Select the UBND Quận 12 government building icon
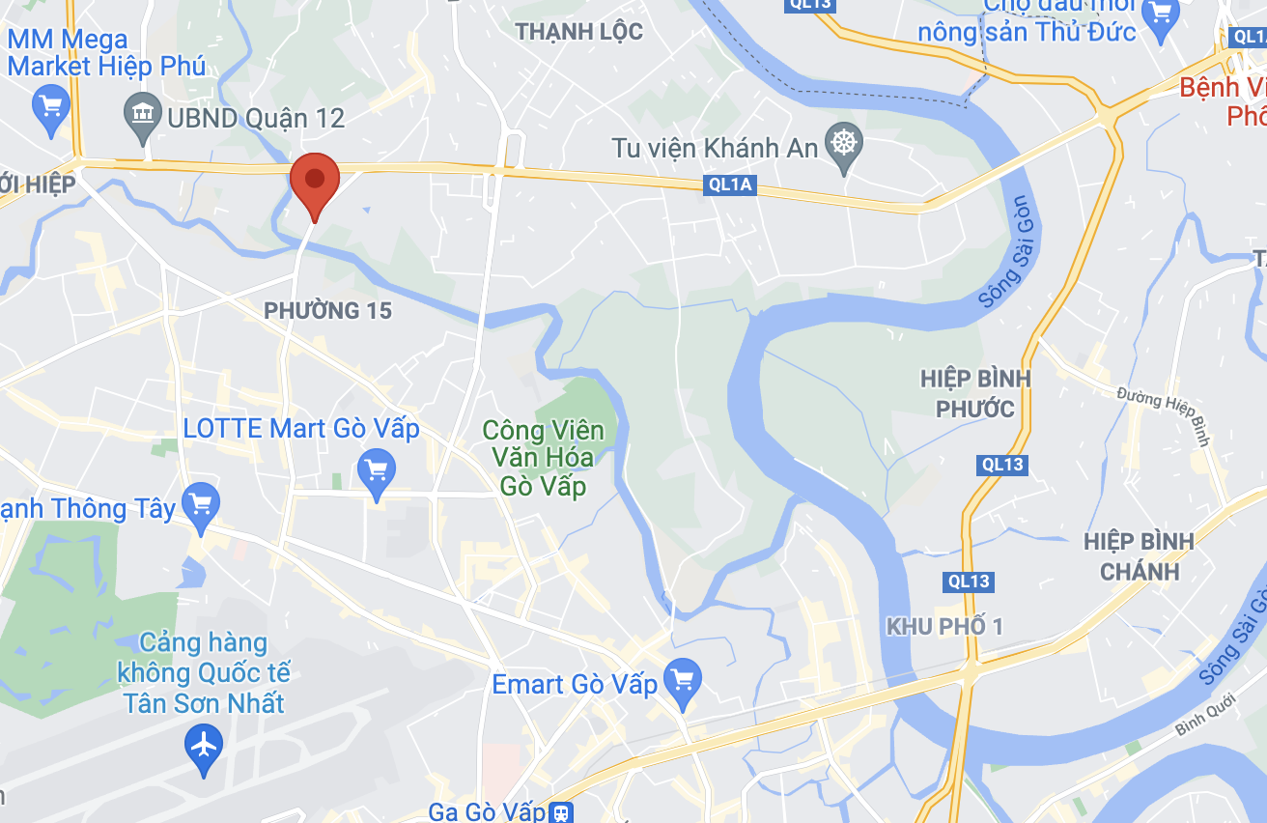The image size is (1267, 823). [144, 118]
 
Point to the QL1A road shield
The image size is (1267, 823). [728, 184]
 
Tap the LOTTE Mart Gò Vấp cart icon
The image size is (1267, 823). [376, 471]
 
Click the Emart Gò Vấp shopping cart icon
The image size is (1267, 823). [684, 682]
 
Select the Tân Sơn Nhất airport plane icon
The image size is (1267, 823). [204, 746]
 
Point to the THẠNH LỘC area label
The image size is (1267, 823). [578, 32]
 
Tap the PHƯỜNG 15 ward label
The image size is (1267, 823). [328, 310]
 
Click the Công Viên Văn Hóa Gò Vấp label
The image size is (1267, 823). [544, 457]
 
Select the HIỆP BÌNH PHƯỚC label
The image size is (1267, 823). [975, 393]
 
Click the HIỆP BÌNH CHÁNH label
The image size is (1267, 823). [1139, 555]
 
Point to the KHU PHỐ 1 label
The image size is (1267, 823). [944, 627]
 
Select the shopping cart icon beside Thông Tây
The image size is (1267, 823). [201, 505]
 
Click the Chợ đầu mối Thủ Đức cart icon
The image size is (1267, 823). [1160, 14]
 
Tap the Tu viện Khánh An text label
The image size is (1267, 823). [715, 148]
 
